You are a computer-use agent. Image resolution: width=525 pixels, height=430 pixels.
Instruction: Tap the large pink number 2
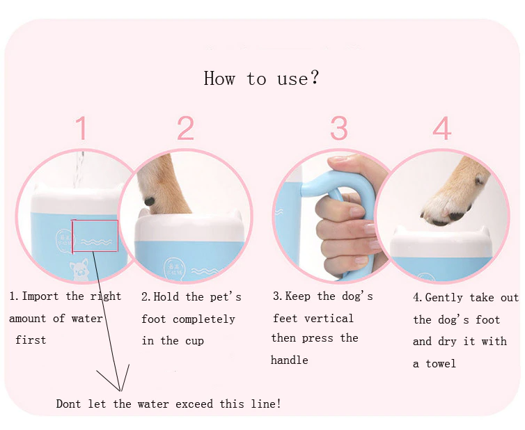point(185,128)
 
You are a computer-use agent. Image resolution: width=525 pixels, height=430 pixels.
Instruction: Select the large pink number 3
point(339,128)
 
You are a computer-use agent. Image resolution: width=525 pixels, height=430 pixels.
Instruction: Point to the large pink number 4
point(442,128)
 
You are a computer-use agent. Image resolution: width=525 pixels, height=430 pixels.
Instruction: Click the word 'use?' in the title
point(297,79)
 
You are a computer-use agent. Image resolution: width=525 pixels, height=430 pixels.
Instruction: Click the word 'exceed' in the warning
point(194,404)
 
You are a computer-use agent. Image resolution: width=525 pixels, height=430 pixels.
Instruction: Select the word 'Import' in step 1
point(40,296)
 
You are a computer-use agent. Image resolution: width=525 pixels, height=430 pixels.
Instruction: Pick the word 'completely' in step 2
point(204,319)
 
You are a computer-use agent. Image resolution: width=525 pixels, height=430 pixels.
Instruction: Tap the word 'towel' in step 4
point(441,363)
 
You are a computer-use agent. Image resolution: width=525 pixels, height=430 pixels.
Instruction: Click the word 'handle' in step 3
point(289,360)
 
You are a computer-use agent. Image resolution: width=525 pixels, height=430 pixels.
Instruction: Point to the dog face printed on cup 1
point(79,269)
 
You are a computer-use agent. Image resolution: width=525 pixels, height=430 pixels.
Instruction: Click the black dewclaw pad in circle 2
point(149,202)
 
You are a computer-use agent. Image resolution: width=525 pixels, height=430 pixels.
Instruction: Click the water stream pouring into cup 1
point(79,170)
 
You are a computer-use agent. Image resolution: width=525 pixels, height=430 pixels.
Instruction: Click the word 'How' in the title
point(219,79)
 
